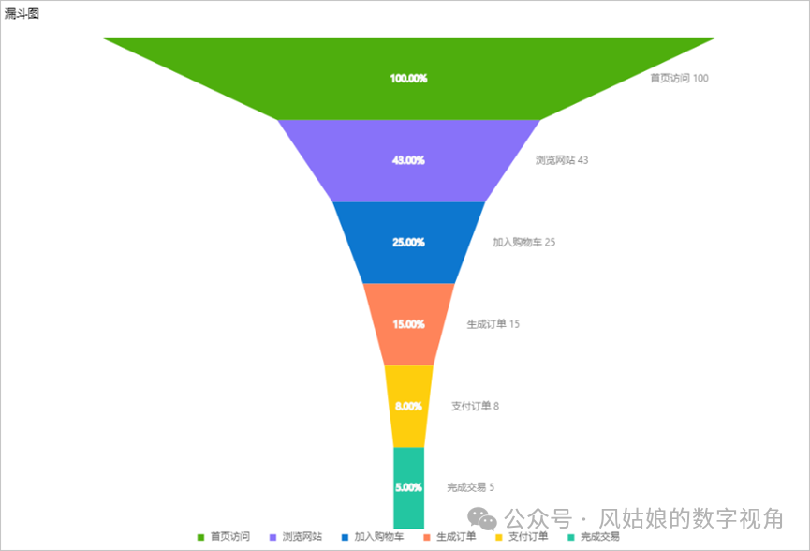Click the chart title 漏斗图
[22, 13]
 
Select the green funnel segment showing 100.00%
[408, 79]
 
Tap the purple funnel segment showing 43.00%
[408, 160]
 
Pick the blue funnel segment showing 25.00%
[408, 242]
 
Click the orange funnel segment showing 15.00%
[408, 324]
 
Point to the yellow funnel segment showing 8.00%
[408, 406]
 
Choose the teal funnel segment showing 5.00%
[408, 487]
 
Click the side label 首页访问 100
[679, 79]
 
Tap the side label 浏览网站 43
[562, 160]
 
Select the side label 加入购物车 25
[523, 242]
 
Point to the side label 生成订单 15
[493, 324]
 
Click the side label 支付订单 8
[475, 406]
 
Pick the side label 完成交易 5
[470, 487]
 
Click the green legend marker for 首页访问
[200, 537]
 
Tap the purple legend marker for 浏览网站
[272, 537]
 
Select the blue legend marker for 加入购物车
[345, 537]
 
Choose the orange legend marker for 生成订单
[426, 537]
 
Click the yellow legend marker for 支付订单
[498, 537]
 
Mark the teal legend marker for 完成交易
[570, 537]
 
